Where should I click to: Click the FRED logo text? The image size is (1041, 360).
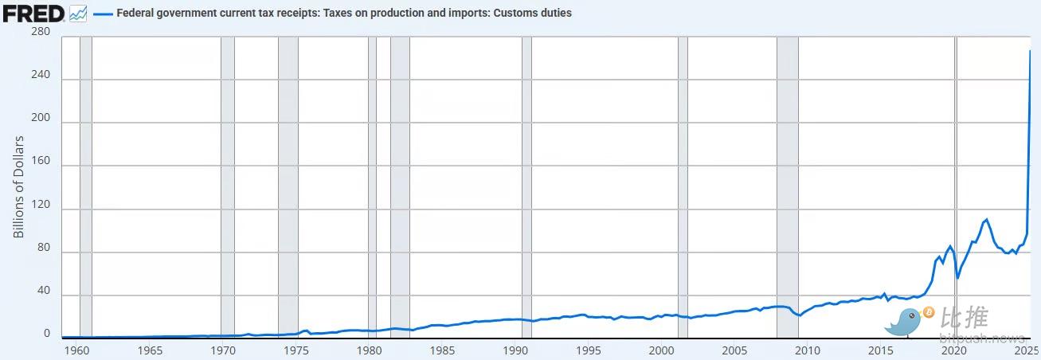pyautogui.click(x=33, y=14)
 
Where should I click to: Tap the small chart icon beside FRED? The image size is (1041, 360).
pyautogui.click(x=78, y=14)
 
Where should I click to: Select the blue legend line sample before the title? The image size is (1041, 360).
pyautogui.click(x=102, y=14)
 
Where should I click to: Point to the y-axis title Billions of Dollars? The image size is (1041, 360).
pyautogui.click(x=19, y=187)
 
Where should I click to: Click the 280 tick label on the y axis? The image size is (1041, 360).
pyautogui.click(x=40, y=32)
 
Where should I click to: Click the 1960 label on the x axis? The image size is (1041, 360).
pyautogui.click(x=76, y=350)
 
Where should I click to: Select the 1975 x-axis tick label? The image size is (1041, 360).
pyautogui.click(x=296, y=350)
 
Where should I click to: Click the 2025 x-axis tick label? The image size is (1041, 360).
pyautogui.click(x=1027, y=350)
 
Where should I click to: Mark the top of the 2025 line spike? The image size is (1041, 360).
pyautogui.click(x=1030, y=51)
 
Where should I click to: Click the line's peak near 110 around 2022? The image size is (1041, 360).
pyautogui.click(x=987, y=219)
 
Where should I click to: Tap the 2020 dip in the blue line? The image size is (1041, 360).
pyautogui.click(x=957, y=277)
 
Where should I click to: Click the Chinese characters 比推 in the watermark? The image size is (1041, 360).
pyautogui.click(x=965, y=319)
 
